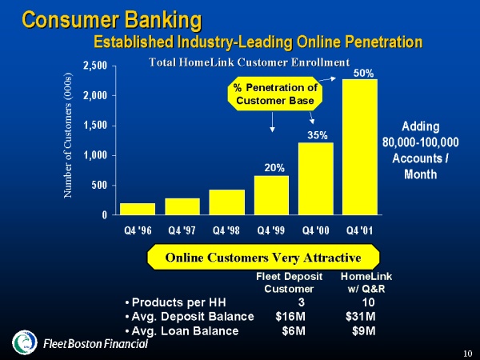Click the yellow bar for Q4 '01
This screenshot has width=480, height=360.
click(x=360, y=147)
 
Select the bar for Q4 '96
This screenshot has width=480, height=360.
click(x=138, y=209)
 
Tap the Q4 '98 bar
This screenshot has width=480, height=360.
click(x=227, y=202)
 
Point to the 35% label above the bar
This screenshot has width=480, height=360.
click(x=318, y=135)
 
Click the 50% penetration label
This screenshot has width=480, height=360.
click(x=364, y=74)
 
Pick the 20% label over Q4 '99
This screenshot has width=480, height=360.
click(x=274, y=168)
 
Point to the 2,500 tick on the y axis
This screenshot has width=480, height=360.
click(x=95, y=66)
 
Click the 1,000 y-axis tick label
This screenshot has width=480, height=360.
click(x=95, y=155)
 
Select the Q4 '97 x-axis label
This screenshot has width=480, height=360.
click(x=182, y=230)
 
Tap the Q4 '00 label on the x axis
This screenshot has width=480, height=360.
click(x=316, y=230)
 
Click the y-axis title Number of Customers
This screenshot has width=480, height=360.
click(x=68, y=135)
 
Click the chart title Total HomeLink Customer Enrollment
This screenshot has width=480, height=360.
click(x=249, y=62)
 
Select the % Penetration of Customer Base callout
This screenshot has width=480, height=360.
click(x=275, y=94)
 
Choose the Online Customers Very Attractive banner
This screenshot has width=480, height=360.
click(x=263, y=257)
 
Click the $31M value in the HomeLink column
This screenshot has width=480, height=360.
click(x=361, y=317)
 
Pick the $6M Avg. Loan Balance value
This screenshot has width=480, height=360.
click(x=294, y=331)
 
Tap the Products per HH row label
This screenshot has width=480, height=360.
click(x=176, y=302)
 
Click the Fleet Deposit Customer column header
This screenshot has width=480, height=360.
click(x=290, y=282)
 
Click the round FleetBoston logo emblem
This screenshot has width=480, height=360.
click(x=25, y=342)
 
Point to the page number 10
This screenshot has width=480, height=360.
click(x=467, y=354)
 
